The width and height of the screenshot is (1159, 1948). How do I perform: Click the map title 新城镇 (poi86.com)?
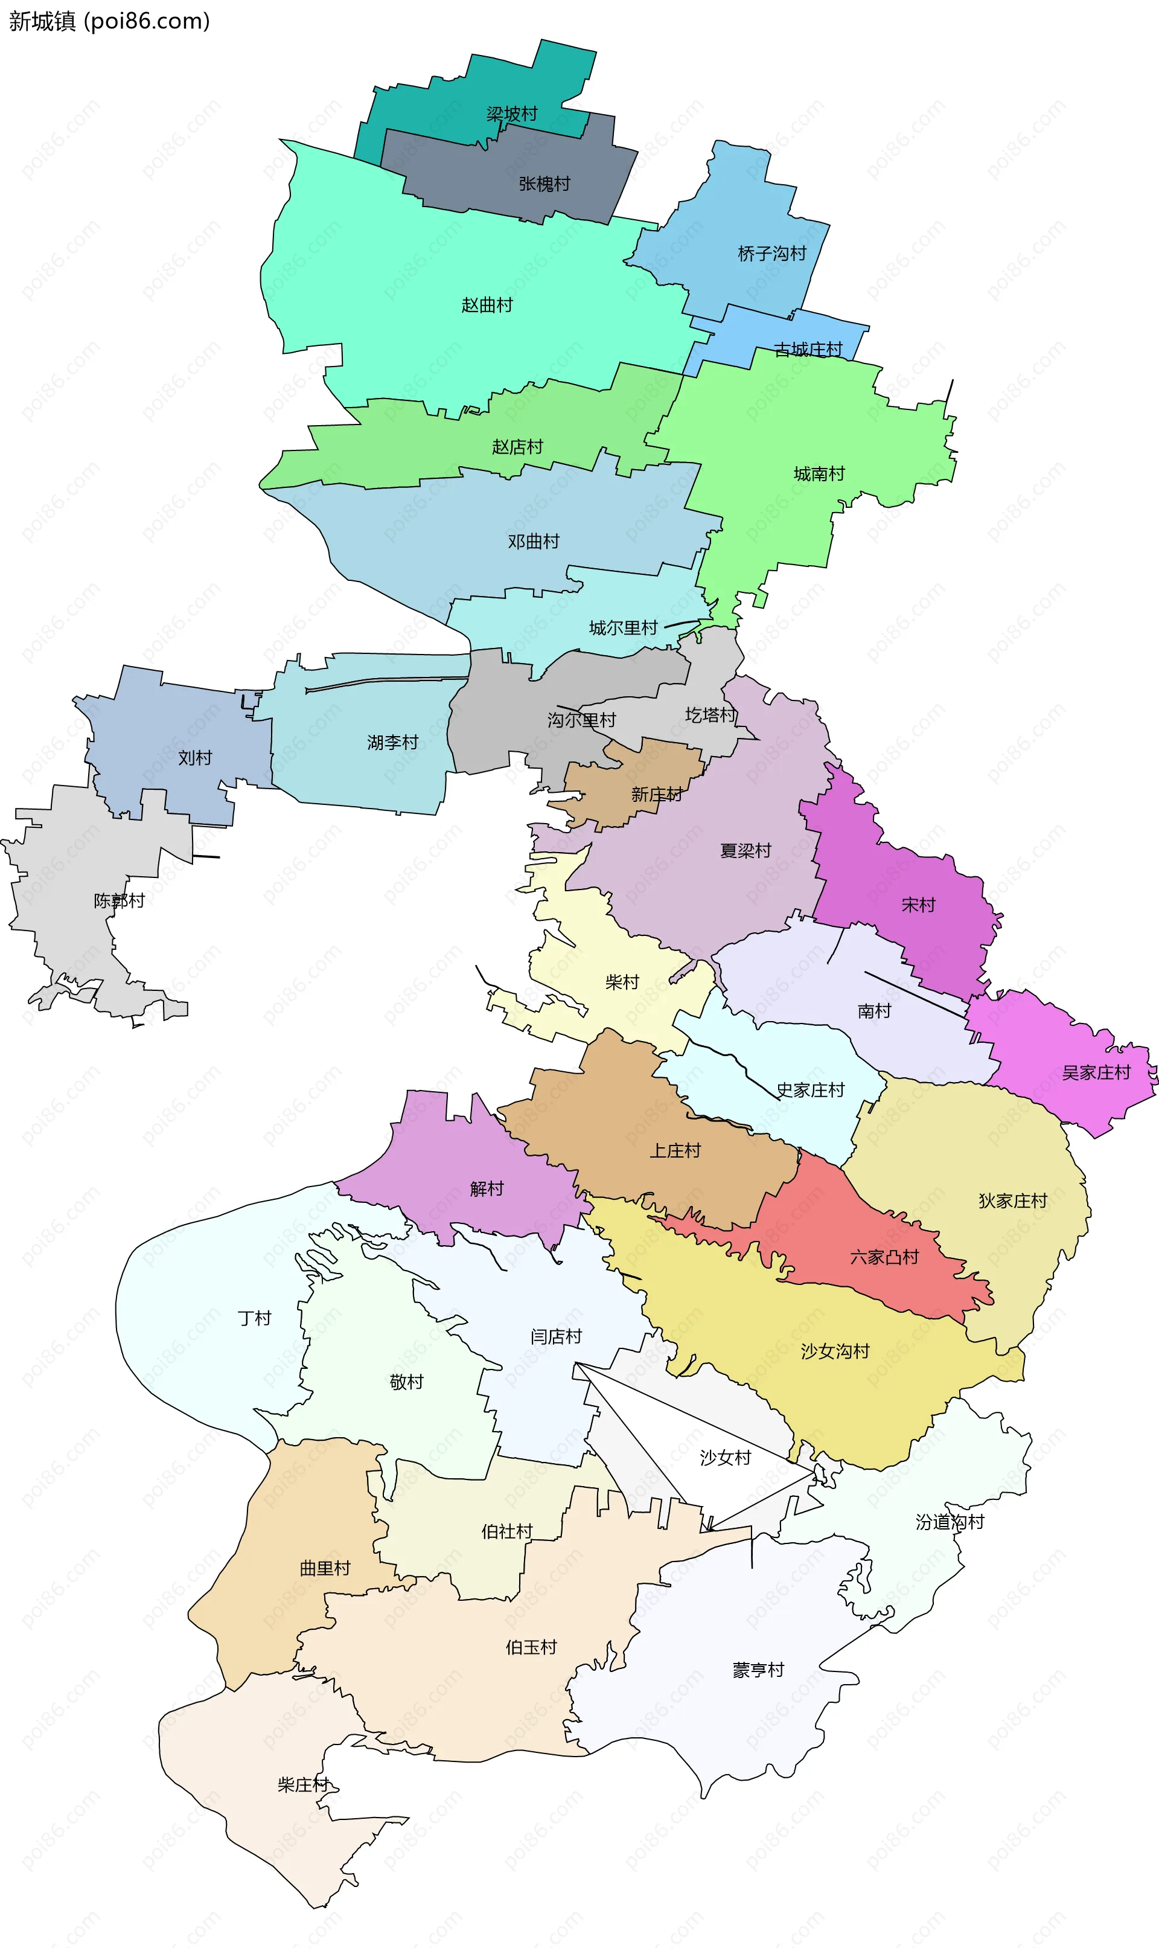pyautogui.click(x=109, y=21)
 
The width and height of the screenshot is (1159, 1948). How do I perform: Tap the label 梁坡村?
pyautogui.click(x=512, y=114)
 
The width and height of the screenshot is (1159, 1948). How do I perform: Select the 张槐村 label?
pyautogui.click(x=544, y=184)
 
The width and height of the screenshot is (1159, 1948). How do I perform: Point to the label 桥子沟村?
pyautogui.click(x=771, y=253)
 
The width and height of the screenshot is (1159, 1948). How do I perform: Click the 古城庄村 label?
pyautogui.click(x=808, y=349)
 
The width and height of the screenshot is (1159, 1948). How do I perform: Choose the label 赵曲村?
pyautogui.click(x=487, y=304)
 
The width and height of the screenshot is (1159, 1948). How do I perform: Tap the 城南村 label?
pyautogui.click(x=819, y=473)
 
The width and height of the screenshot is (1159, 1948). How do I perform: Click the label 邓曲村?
pyautogui.click(x=534, y=540)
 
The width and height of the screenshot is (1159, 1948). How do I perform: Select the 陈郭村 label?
pyautogui.click(x=119, y=900)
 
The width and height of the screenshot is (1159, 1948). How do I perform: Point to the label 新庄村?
pyautogui.click(x=656, y=794)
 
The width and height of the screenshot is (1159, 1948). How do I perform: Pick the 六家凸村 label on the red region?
pyautogui.click(x=884, y=1256)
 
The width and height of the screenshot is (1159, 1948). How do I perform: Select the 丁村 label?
pyautogui.click(x=254, y=1318)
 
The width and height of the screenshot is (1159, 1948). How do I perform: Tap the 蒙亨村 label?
pyautogui.click(x=758, y=1669)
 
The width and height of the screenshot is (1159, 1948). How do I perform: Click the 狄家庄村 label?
pyautogui.click(x=1012, y=1200)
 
